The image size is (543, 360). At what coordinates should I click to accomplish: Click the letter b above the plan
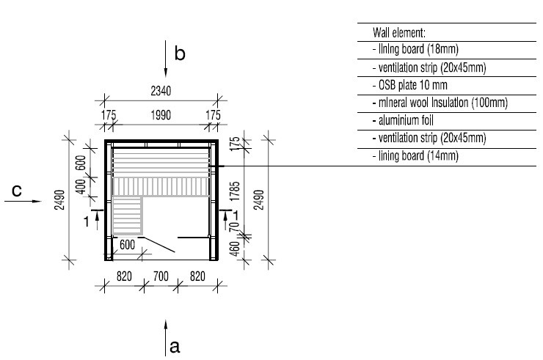coord(180,54)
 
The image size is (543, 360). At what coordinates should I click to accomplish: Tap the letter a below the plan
coord(175,345)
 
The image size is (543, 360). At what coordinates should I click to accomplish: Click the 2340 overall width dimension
coord(161,92)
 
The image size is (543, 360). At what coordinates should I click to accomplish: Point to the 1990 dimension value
coord(161,115)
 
